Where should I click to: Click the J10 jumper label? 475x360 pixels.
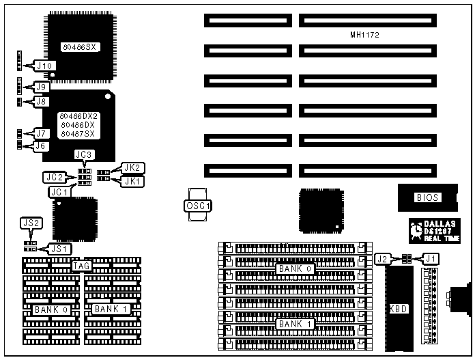pyautogui.click(x=46, y=66)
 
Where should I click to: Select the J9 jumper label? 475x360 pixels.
pyautogui.click(x=42, y=87)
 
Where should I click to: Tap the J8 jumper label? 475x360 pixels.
pyautogui.click(x=42, y=102)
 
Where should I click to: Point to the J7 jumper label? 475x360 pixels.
pyautogui.click(x=42, y=133)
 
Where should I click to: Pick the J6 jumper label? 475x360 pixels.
pyautogui.click(x=42, y=146)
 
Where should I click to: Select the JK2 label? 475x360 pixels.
pyautogui.click(x=132, y=168)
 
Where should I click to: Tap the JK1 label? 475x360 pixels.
pyautogui.click(x=132, y=181)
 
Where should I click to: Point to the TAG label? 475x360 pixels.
pyautogui.click(x=82, y=266)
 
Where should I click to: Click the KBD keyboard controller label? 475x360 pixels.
pyautogui.click(x=398, y=309)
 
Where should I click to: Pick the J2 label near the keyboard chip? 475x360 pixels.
pyautogui.click(x=383, y=259)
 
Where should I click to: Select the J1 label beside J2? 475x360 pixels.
pyautogui.click(x=431, y=258)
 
